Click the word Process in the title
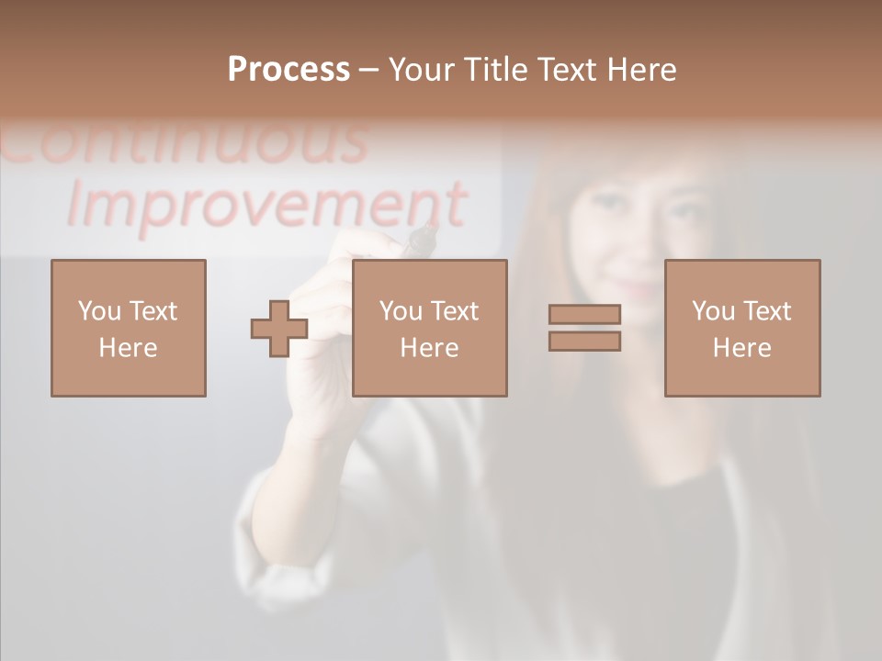(x=288, y=70)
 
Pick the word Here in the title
(x=642, y=70)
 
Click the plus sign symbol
(x=279, y=329)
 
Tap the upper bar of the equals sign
(x=584, y=314)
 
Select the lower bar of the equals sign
(x=584, y=342)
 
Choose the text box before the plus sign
(x=129, y=328)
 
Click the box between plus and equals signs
(x=430, y=328)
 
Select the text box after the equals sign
(x=742, y=328)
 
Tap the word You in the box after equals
(x=713, y=311)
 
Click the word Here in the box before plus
(x=129, y=348)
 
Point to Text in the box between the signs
(x=455, y=311)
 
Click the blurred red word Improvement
(x=266, y=205)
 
